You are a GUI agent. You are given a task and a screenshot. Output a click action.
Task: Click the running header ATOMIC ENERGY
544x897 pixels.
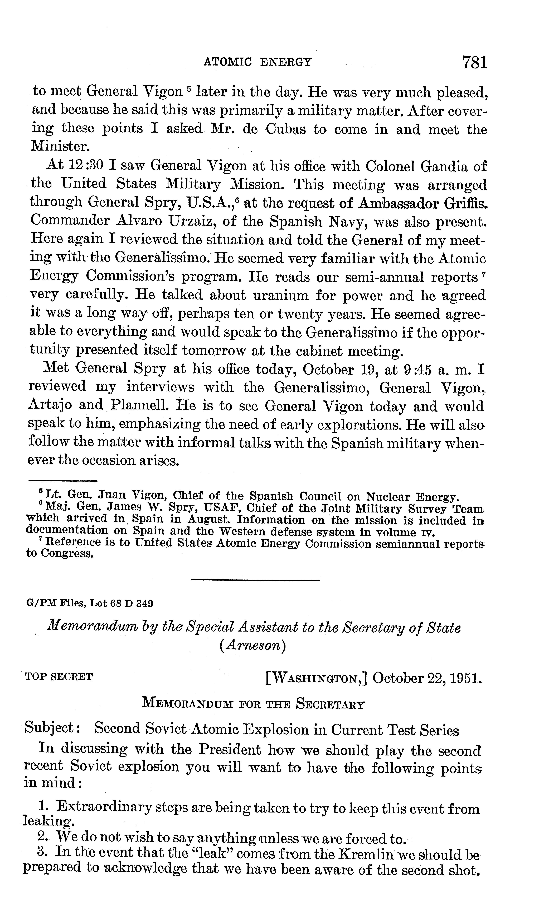(258, 62)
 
